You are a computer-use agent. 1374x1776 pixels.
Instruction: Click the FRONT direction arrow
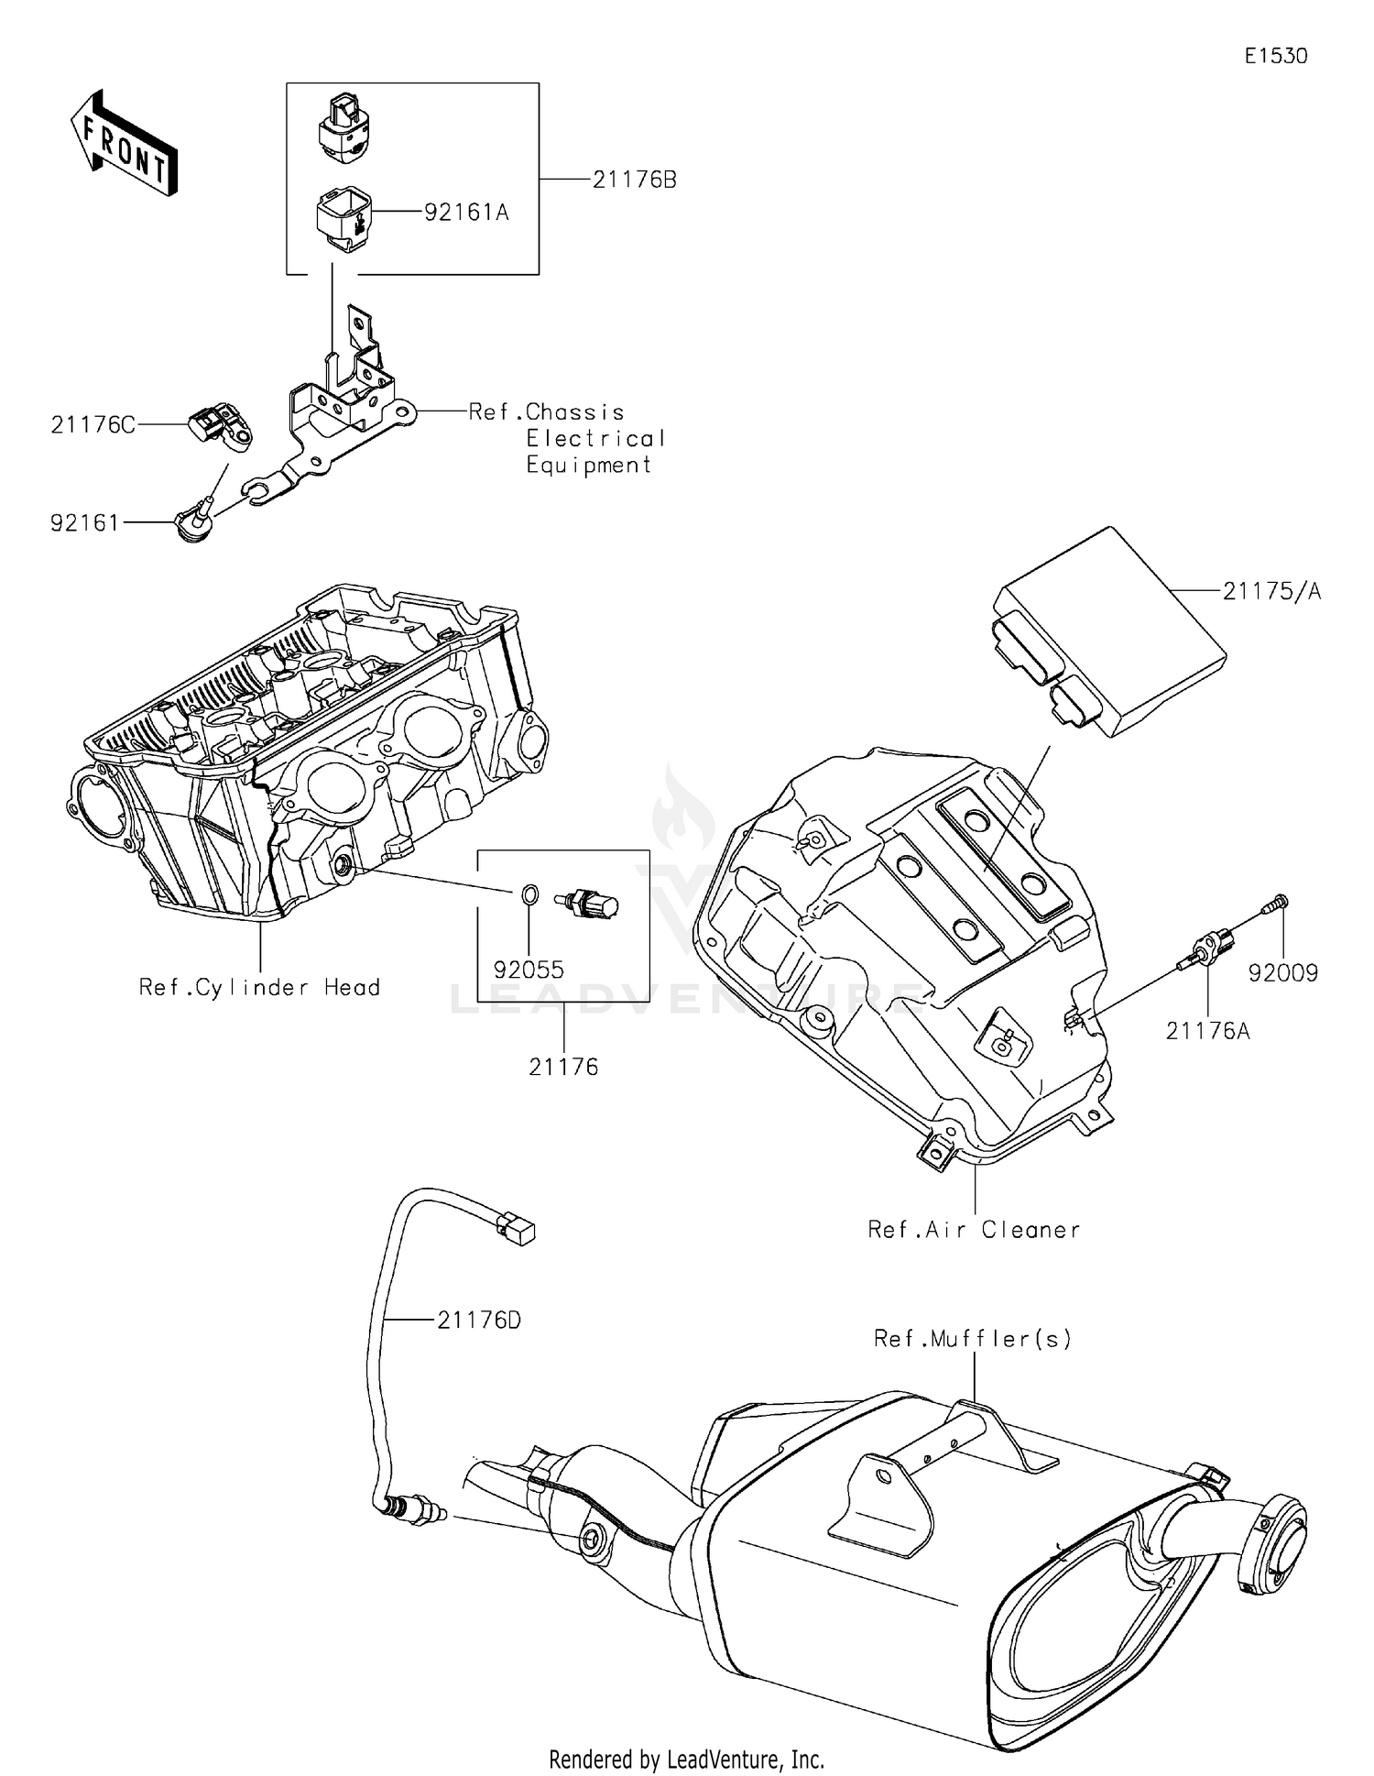(x=123, y=144)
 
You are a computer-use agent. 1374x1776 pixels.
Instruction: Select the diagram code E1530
(x=1275, y=56)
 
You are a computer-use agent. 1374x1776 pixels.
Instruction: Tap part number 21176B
(x=634, y=180)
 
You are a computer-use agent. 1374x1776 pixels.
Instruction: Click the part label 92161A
(x=466, y=213)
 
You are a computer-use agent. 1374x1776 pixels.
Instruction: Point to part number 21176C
(x=93, y=425)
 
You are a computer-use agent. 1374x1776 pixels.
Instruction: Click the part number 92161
(x=84, y=523)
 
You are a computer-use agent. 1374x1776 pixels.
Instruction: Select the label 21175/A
(x=1271, y=592)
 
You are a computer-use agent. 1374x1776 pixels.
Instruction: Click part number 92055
(x=529, y=970)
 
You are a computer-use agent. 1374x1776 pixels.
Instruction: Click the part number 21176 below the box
(x=563, y=1067)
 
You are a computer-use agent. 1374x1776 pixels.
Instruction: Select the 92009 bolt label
(x=1282, y=973)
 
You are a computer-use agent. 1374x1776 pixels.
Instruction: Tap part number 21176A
(x=1207, y=1031)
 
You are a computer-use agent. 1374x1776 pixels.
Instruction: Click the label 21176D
(x=478, y=1321)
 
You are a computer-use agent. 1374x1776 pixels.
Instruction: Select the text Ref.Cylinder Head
(x=259, y=987)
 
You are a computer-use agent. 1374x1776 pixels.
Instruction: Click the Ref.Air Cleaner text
(x=974, y=1230)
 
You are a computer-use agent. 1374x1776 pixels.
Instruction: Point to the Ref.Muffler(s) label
(x=972, y=1339)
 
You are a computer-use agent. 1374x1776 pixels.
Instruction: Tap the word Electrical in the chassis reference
(x=595, y=439)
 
